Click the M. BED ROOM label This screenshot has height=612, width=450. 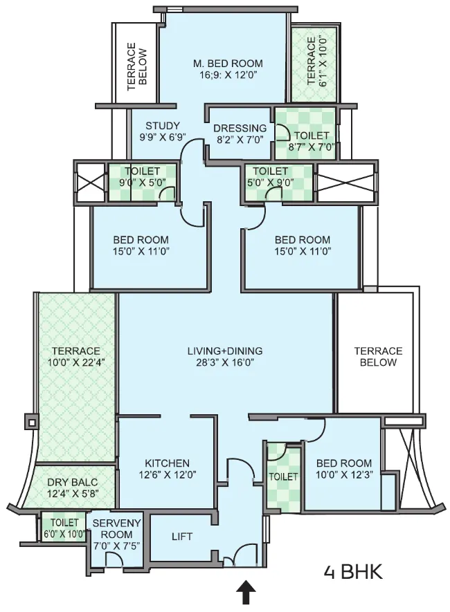point(228,63)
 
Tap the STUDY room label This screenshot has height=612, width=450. point(163,126)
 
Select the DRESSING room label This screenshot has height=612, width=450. point(240,128)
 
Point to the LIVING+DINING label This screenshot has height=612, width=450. point(225,351)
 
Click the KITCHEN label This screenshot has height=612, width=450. point(167,463)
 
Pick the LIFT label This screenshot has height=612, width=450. point(182,537)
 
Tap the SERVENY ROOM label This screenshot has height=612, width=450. point(116,528)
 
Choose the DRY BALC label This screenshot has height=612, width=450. point(72,482)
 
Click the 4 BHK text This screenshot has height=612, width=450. point(353,573)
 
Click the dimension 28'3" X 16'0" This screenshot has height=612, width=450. point(225,362)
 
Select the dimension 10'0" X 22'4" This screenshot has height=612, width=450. point(76,362)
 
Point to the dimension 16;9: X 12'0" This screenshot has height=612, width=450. point(228,75)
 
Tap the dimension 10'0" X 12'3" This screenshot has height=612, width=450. point(344,474)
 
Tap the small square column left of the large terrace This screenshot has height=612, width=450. point(31,422)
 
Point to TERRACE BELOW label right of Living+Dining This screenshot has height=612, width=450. point(378,357)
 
